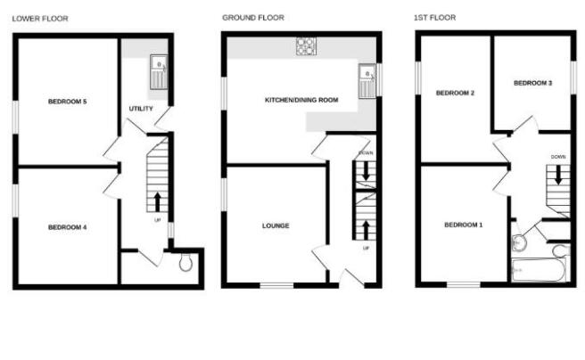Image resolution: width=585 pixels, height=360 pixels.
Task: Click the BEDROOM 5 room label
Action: click(x=67, y=102)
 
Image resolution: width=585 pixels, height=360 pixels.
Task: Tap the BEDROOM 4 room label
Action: click(x=67, y=228)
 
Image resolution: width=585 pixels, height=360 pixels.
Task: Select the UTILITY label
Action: click(x=142, y=109)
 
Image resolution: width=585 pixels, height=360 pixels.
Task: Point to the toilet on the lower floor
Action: click(x=185, y=263)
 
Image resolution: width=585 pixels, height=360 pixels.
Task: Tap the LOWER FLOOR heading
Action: click(x=39, y=18)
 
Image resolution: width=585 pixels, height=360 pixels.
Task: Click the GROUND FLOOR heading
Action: click(x=253, y=18)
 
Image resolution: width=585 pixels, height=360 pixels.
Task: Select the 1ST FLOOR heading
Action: click(x=436, y=18)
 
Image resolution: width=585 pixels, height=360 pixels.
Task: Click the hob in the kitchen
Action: click(x=305, y=45)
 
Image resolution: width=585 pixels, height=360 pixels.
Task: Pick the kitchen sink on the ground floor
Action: click(x=366, y=80)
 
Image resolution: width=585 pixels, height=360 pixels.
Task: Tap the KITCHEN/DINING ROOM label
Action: click(x=301, y=101)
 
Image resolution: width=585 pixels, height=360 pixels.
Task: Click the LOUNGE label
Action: click(x=276, y=226)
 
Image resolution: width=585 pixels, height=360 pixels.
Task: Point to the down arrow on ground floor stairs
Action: click(x=366, y=169)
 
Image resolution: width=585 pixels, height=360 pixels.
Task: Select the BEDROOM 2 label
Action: click(x=454, y=93)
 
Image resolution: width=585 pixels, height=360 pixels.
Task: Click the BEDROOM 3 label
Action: click(x=532, y=83)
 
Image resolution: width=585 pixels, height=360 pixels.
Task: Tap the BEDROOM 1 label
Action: click(x=463, y=224)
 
